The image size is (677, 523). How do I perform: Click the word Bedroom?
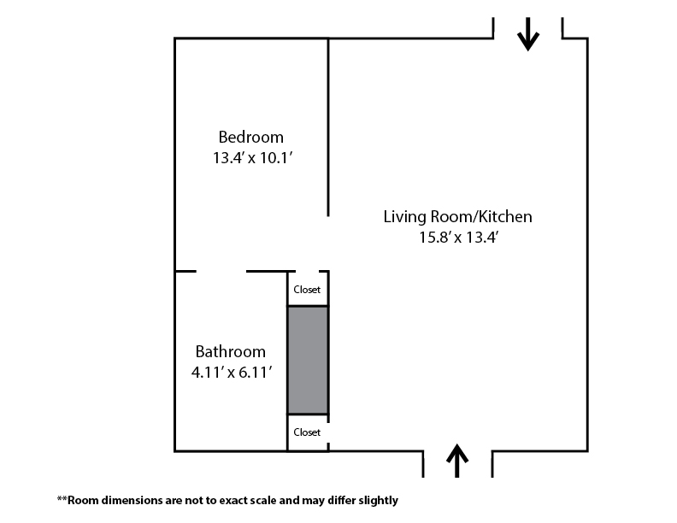[250, 138]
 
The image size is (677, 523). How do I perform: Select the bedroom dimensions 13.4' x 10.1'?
[252, 158]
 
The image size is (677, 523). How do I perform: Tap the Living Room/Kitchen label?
[457, 216]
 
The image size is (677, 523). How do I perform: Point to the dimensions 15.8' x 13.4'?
[458, 238]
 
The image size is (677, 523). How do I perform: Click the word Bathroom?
[230, 352]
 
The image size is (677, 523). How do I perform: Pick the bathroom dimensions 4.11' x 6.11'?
[232, 373]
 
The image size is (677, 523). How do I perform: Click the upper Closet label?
[307, 290]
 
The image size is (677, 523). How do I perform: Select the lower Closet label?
[307, 432]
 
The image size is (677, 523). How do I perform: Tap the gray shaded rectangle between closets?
[308, 360]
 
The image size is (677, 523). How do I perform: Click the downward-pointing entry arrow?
[528, 34]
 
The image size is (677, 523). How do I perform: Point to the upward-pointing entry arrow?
[457, 461]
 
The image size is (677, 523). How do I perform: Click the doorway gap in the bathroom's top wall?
[221, 272]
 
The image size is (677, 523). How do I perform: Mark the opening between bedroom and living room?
[328, 243]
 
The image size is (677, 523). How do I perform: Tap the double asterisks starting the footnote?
[62, 499]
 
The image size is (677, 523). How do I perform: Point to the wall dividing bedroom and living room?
[328, 127]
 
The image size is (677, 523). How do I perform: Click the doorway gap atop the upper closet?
[308, 272]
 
